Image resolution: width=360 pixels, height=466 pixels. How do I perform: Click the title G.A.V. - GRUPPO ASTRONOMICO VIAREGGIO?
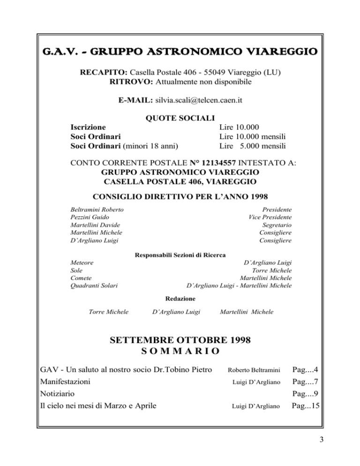coord(180,51)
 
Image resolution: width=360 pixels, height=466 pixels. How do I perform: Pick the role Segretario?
coord(277,225)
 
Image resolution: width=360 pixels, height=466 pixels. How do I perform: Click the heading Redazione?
coord(180,298)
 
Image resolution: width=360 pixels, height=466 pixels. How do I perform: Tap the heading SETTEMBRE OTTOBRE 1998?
coord(180,339)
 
